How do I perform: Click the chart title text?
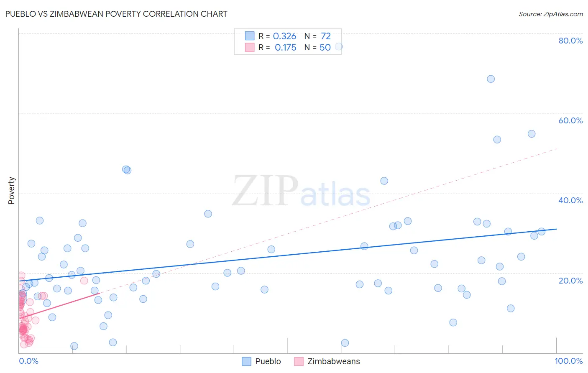click(x=116, y=14)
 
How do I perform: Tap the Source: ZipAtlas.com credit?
click(x=550, y=14)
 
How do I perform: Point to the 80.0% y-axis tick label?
click(x=570, y=41)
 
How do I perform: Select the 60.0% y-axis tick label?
click(x=570, y=120)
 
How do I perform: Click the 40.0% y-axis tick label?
click(x=570, y=200)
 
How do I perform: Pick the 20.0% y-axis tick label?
click(x=570, y=280)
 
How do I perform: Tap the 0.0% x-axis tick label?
click(x=28, y=361)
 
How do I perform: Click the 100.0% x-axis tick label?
click(x=568, y=361)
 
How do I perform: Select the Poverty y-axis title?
click(x=11, y=191)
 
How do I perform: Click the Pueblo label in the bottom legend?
click(x=268, y=361)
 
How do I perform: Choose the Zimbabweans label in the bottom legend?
click(x=333, y=361)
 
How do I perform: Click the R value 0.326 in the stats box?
click(x=284, y=36)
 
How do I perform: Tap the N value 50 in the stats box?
click(x=325, y=48)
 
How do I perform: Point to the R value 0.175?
click(x=285, y=48)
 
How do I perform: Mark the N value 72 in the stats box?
click(x=325, y=36)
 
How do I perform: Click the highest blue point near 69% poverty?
click(x=491, y=79)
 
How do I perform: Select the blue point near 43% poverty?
click(x=384, y=181)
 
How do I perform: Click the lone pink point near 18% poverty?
click(x=84, y=281)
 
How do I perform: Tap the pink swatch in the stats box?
click(x=250, y=47)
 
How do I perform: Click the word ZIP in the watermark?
click(x=265, y=191)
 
